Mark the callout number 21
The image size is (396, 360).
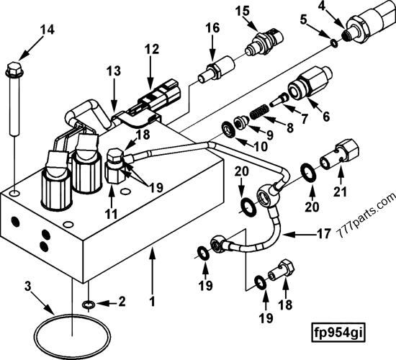click(x=338, y=192)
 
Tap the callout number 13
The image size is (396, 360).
click(x=114, y=72)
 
